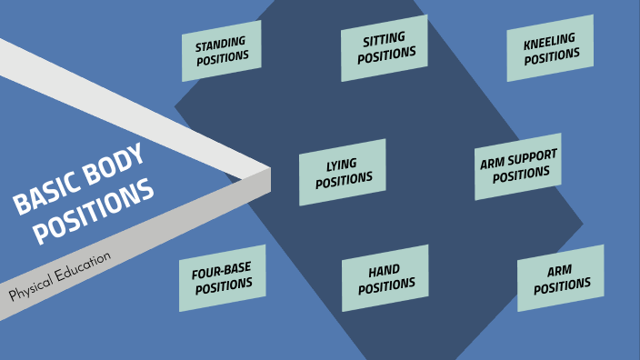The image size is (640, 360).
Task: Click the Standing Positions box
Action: [222, 50]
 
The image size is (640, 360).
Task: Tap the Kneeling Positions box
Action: [551, 48]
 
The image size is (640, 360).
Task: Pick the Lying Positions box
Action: [343, 172]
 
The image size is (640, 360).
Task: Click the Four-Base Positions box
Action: [223, 277]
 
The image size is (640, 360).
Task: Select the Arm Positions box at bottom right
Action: [561, 278]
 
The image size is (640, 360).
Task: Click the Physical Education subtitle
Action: [60, 276]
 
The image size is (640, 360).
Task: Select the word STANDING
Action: [221, 43]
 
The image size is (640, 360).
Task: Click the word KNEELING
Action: [549, 40]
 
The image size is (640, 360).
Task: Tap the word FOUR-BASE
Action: [221, 270]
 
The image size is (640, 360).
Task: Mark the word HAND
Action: [385, 272]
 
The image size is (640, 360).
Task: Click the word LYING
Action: [342, 165]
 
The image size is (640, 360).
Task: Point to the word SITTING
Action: [384, 40]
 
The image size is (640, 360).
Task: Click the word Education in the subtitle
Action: [81, 266]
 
